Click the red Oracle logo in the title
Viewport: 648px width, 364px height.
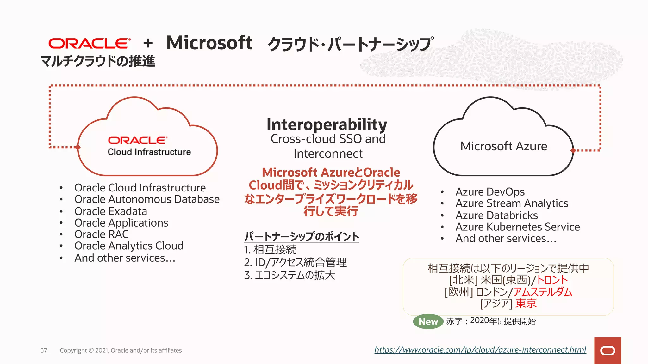[89, 43]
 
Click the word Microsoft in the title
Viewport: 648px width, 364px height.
[209, 43]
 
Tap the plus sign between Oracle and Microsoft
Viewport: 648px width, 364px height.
[148, 43]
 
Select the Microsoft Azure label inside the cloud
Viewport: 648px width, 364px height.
[503, 146]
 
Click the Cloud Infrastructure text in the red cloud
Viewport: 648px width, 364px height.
[149, 152]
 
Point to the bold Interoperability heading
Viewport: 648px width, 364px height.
[327, 124]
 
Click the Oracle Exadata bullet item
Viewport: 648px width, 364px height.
[111, 211]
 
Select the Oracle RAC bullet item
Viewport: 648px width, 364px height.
[102, 234]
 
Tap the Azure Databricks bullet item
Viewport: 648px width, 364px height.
[496, 215]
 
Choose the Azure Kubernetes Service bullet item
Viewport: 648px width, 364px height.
[517, 227]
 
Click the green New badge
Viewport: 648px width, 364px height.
[428, 321]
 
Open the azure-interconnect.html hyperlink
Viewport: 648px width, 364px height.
[480, 350]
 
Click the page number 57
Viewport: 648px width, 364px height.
[44, 350]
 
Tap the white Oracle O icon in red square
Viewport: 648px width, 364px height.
[607, 351]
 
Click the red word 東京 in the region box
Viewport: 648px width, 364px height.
[526, 303]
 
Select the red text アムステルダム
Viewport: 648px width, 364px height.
[542, 292]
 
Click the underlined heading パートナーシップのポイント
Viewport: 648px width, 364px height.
[302, 236]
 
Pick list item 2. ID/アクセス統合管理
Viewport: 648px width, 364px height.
[296, 262]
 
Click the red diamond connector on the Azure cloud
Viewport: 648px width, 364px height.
[573, 150]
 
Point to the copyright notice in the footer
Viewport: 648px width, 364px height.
[121, 350]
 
